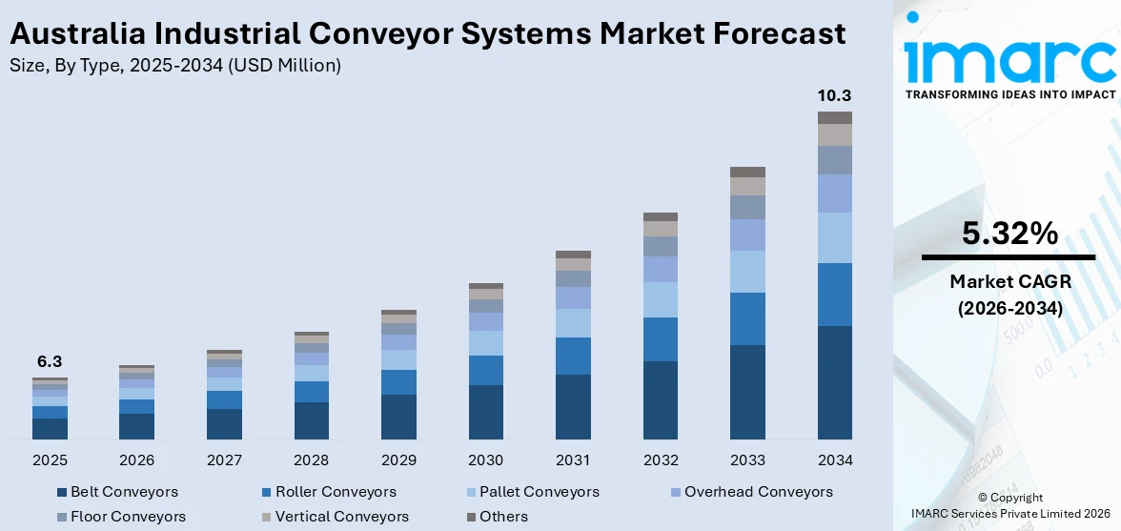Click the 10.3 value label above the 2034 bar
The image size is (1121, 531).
pyautogui.click(x=834, y=95)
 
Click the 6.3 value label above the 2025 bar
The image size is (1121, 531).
pyautogui.click(x=50, y=362)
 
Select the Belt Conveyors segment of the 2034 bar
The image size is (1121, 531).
pyautogui.click(x=834, y=382)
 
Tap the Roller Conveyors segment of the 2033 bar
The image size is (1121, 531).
pyautogui.click(x=747, y=318)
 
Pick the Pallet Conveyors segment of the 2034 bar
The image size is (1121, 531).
pyautogui.click(x=834, y=237)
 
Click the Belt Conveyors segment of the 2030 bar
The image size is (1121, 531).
pyautogui.click(x=485, y=412)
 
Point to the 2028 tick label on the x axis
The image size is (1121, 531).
pyautogui.click(x=311, y=460)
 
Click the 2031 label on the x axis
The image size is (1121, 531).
pyautogui.click(x=573, y=460)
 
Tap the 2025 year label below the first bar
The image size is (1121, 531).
pyautogui.click(x=50, y=460)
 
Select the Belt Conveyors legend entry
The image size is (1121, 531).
pyautogui.click(x=123, y=492)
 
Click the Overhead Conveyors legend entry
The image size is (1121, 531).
pyautogui.click(x=758, y=492)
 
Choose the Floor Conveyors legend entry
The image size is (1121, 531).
pyautogui.click(x=128, y=517)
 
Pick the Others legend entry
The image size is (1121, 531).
pyautogui.click(x=503, y=517)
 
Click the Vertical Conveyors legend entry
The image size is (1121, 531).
pyautogui.click(x=341, y=517)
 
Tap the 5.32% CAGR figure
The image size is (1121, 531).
pyautogui.click(x=1009, y=234)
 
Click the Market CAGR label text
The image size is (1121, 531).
pyautogui.click(x=1009, y=281)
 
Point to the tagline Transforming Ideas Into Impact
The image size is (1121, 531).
pyautogui.click(x=1009, y=94)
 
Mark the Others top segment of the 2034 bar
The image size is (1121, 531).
pyautogui.click(x=834, y=117)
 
